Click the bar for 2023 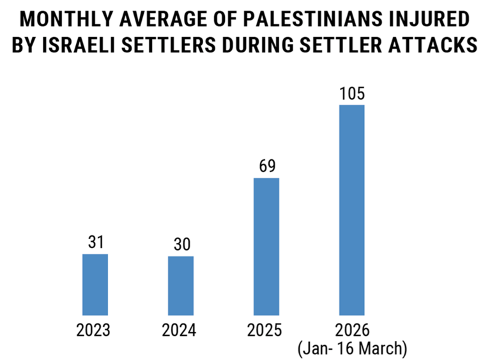(95, 285)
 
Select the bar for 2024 (181, 286)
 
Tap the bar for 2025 (266, 247)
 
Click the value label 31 (95, 243)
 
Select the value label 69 (266, 166)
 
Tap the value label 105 (352, 93)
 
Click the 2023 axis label (95, 331)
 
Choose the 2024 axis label (181, 331)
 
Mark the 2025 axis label (266, 331)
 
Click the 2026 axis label (352, 331)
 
